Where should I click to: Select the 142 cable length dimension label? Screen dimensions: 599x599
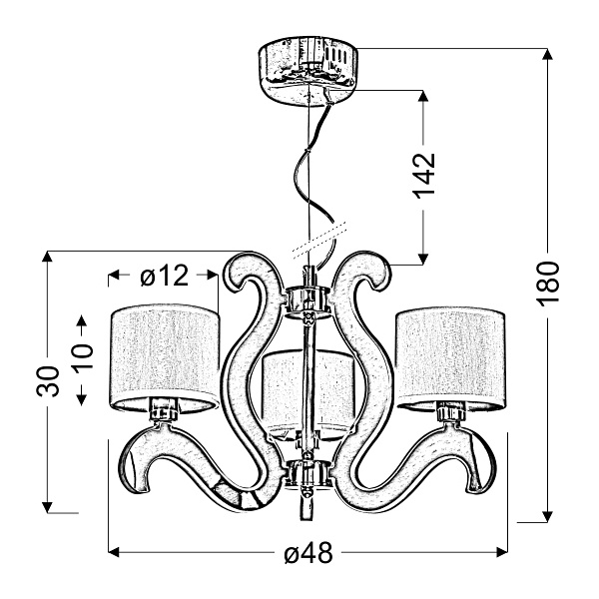[423, 176]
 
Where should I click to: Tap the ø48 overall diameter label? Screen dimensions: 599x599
[308, 553]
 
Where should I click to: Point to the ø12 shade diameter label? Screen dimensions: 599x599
[165, 276]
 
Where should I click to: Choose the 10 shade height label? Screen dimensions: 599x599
[82, 356]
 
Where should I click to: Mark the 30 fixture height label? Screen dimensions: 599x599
[48, 381]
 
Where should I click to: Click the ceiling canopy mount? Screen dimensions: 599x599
[308, 72]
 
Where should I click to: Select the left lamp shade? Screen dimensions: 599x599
[165, 358]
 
